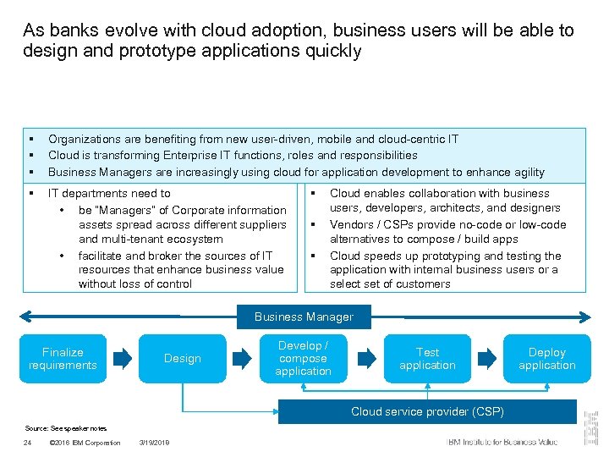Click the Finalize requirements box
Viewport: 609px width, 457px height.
pos(63,359)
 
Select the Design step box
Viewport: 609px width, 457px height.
pos(183,359)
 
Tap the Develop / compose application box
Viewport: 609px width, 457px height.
pos(303,359)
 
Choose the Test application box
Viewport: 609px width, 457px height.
pos(427,359)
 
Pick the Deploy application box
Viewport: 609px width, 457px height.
pos(547,359)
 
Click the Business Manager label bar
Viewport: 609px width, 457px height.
pos(304,317)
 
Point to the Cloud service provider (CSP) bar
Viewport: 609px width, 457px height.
pos(427,411)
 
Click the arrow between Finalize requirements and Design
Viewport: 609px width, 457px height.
pos(123,359)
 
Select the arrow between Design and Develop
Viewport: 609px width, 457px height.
pos(243,359)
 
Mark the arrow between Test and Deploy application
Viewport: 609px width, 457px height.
pos(487,359)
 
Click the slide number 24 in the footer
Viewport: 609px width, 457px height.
pos(28,443)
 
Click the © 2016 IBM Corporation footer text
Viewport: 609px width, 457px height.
pos(85,443)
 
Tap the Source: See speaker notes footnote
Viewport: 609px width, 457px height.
pos(66,427)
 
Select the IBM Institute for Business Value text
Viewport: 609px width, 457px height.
pos(502,442)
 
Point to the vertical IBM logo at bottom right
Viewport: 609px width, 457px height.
pos(592,428)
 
